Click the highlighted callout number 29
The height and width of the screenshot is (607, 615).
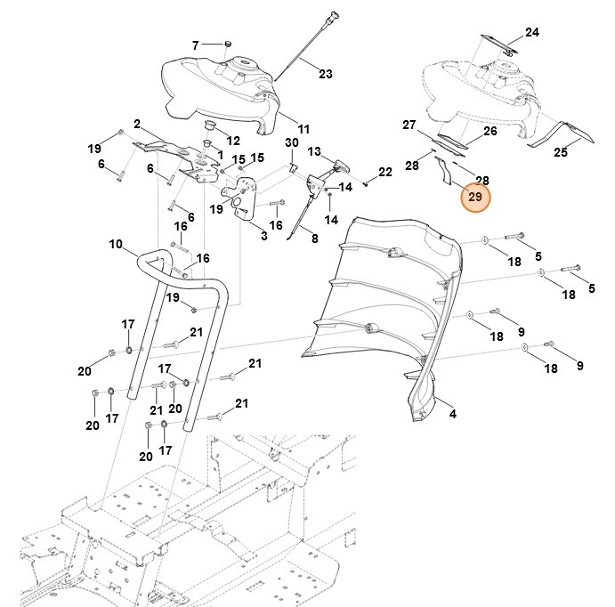pos(474,197)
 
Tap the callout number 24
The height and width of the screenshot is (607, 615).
pos(531,33)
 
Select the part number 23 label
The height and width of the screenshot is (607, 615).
pos(325,74)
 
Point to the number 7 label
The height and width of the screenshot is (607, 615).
pos(196,45)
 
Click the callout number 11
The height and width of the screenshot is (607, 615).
pos(303,128)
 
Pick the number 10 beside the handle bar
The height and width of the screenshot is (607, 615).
pos(116,243)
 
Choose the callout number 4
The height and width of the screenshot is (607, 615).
pos(452,414)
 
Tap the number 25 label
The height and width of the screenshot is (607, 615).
pos(560,153)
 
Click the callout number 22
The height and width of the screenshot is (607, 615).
pos(384,172)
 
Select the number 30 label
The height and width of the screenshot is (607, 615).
pos(292,143)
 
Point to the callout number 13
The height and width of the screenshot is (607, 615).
pos(314,153)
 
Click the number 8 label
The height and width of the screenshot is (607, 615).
pos(314,238)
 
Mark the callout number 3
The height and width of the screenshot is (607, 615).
pos(264,236)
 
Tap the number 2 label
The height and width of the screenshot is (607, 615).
pos(138,124)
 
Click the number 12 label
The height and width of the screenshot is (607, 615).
pos(234,141)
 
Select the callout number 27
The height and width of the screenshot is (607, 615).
pos(409,125)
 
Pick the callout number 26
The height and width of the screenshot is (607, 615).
pos(490,131)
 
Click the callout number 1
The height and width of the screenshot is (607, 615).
pos(220,154)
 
